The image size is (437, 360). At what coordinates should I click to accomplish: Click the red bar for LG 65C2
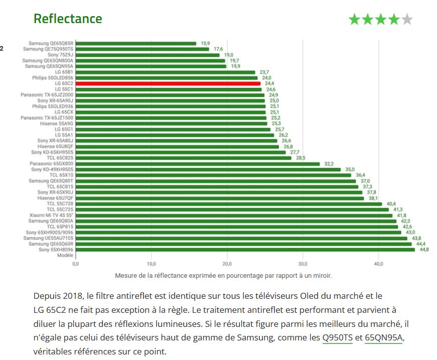(168, 83)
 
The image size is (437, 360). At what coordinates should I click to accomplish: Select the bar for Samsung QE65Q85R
(136, 43)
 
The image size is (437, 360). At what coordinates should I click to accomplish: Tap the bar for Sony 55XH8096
(245, 249)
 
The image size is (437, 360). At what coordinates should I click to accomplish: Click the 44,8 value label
(424, 250)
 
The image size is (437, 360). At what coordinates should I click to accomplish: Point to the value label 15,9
(205, 44)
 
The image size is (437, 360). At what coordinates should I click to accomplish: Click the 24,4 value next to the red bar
(269, 84)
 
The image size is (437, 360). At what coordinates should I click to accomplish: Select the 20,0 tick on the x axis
(227, 264)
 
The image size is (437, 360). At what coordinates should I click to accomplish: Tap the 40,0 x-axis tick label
(378, 264)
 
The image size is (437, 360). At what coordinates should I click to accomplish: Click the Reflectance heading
(68, 19)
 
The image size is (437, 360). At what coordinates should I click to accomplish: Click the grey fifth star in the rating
(407, 20)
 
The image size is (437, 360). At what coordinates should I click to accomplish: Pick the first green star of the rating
(355, 20)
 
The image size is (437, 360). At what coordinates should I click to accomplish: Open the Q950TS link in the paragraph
(337, 337)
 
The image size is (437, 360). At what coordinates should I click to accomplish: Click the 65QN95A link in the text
(384, 337)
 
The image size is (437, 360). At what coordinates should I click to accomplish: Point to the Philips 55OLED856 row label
(53, 78)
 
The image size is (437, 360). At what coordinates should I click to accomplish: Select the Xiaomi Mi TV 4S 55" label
(51, 215)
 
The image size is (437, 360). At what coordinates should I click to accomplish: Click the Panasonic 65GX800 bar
(198, 163)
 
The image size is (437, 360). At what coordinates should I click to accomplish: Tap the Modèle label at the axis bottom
(65, 255)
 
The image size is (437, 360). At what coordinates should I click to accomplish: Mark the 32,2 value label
(329, 164)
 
